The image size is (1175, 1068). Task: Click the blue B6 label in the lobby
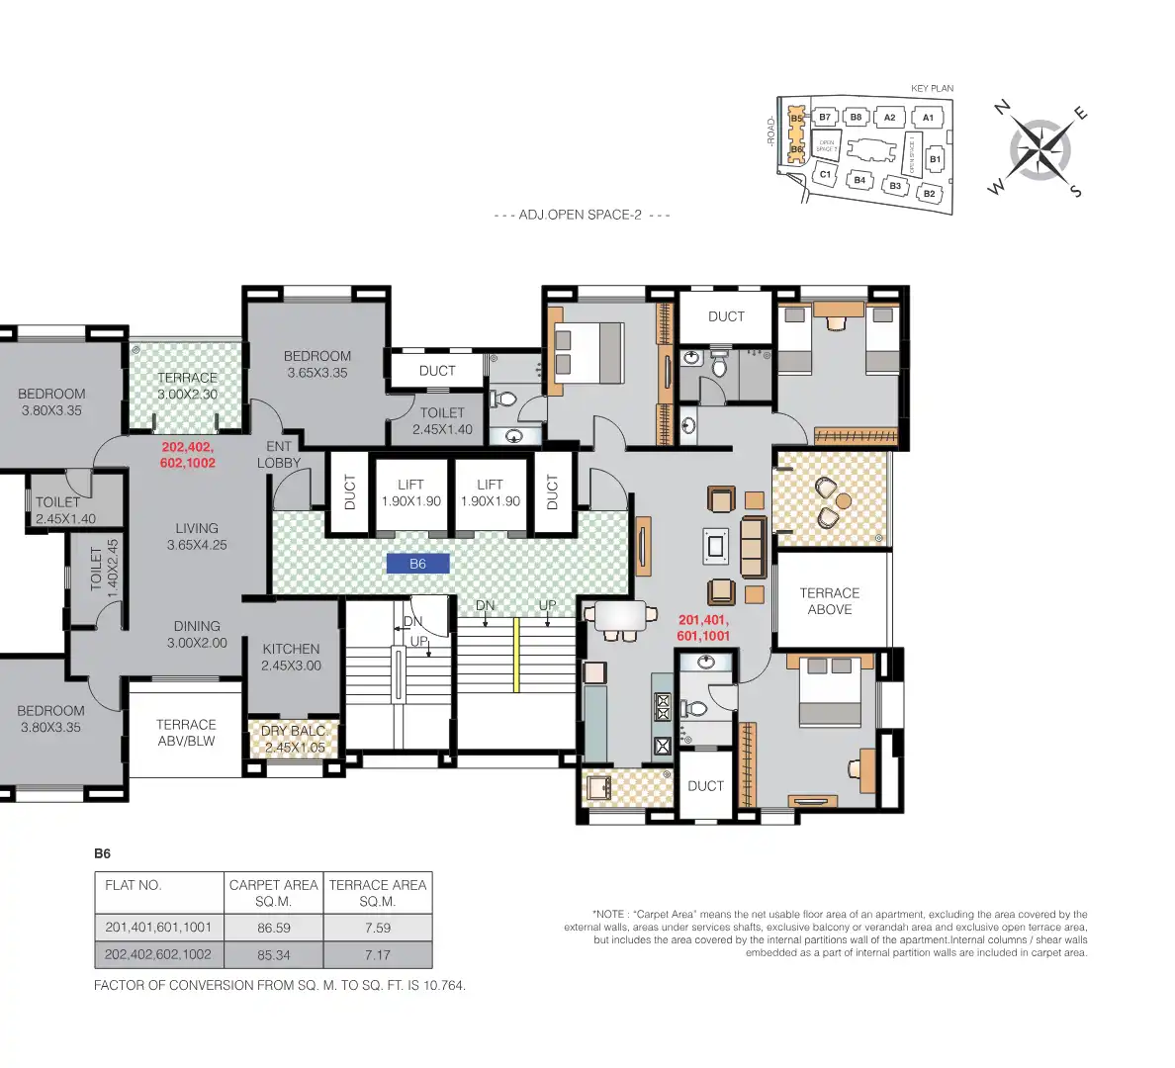pyautogui.click(x=417, y=564)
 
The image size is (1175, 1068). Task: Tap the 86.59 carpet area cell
pyautogui.click(x=273, y=928)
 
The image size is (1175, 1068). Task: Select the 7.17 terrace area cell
pyautogui.click(x=377, y=955)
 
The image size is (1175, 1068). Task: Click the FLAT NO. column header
pyautogui.click(x=134, y=885)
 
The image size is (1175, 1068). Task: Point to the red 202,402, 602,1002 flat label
pyautogui.click(x=187, y=455)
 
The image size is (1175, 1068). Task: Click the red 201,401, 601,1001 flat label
pyautogui.click(x=703, y=628)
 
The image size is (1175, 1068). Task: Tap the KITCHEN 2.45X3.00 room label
pyautogui.click(x=291, y=657)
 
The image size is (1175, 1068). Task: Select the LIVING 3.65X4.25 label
pyautogui.click(x=197, y=536)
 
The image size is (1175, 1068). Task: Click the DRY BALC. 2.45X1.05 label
pyautogui.click(x=294, y=739)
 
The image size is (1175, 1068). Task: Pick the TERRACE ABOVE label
pyautogui.click(x=829, y=601)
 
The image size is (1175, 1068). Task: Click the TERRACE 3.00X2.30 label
pyautogui.click(x=187, y=386)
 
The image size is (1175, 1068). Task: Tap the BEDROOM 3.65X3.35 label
pyautogui.click(x=316, y=364)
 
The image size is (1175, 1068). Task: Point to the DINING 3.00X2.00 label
pyautogui.click(x=197, y=634)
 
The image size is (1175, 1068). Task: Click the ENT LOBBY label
pyautogui.click(x=279, y=454)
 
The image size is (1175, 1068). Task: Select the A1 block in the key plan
pyautogui.click(x=928, y=118)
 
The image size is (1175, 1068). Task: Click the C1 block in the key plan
pyautogui.click(x=825, y=174)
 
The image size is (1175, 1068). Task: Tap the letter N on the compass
pyautogui.click(x=1002, y=108)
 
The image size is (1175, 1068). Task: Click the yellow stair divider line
pyautogui.click(x=516, y=655)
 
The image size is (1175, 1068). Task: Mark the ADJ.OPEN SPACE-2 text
pyautogui.click(x=581, y=215)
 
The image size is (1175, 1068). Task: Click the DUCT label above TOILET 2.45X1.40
pyautogui.click(x=437, y=371)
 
